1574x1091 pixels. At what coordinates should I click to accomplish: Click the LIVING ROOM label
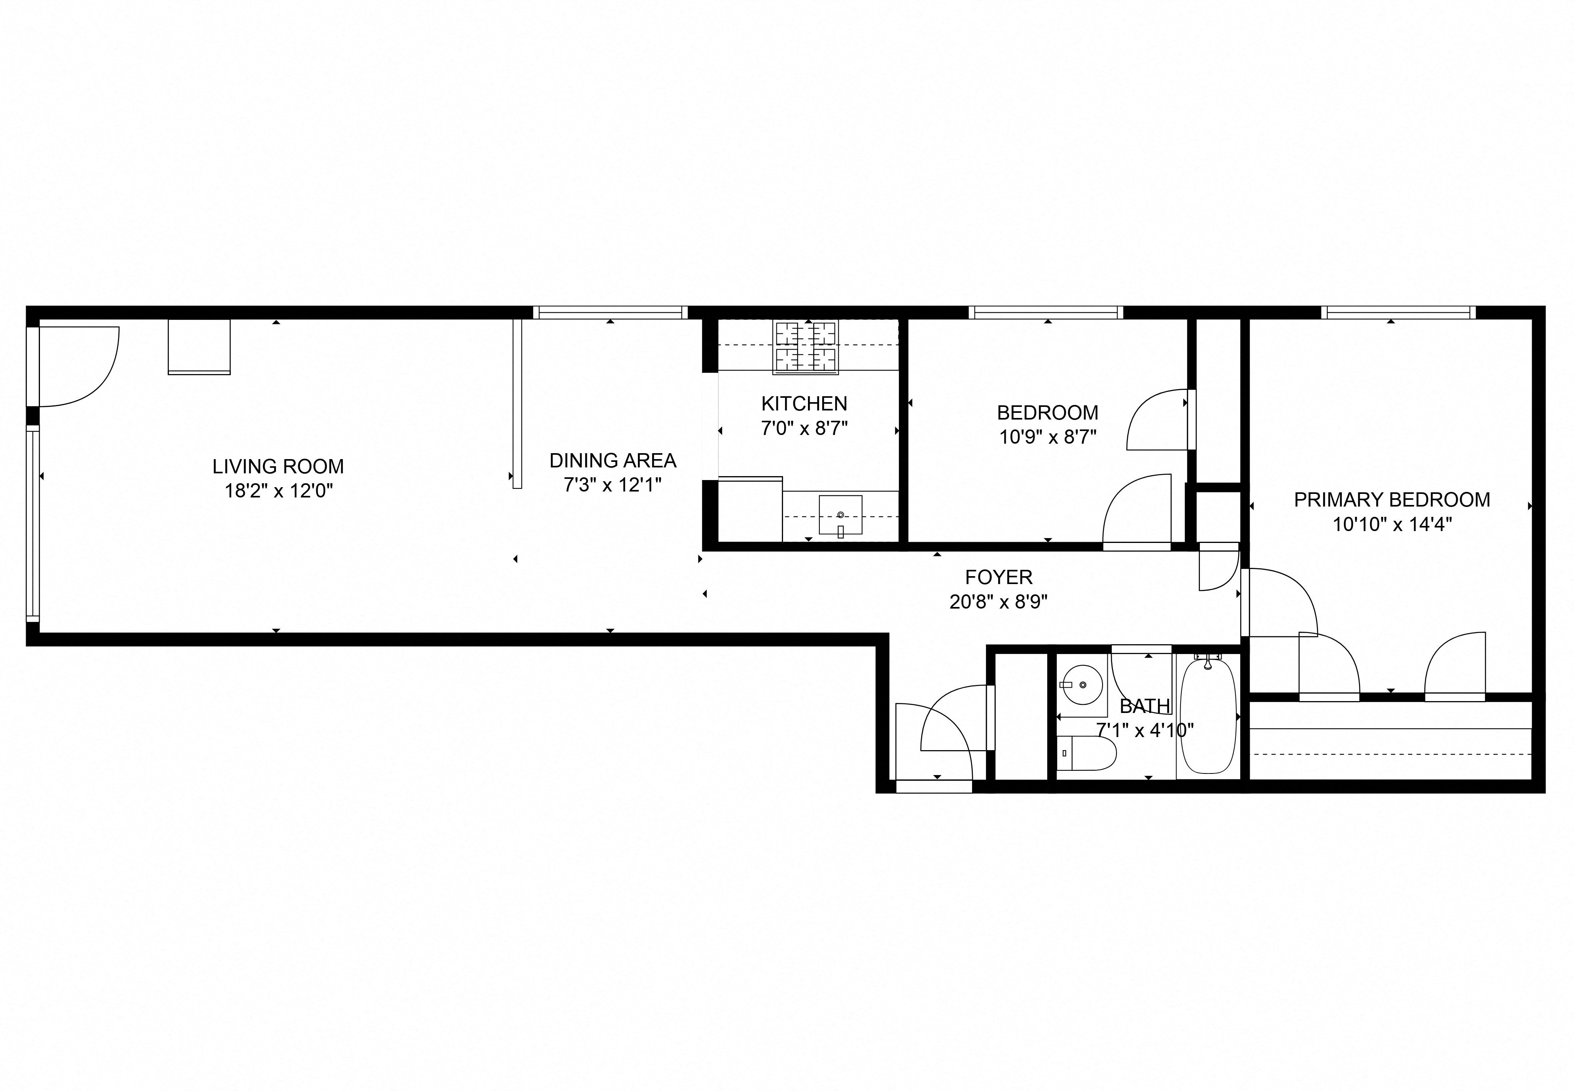(x=278, y=467)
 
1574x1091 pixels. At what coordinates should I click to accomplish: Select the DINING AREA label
(x=612, y=461)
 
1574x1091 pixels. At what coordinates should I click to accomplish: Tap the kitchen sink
(x=840, y=515)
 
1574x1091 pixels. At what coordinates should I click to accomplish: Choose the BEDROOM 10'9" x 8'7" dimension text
(x=1047, y=437)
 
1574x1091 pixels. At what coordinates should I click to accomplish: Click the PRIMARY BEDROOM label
(x=1392, y=500)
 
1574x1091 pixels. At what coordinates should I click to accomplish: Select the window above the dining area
(x=610, y=312)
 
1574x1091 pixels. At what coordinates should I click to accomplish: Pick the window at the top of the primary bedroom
(x=1398, y=312)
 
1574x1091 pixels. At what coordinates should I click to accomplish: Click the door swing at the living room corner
(x=79, y=366)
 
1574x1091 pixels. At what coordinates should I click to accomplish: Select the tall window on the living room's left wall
(x=32, y=523)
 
